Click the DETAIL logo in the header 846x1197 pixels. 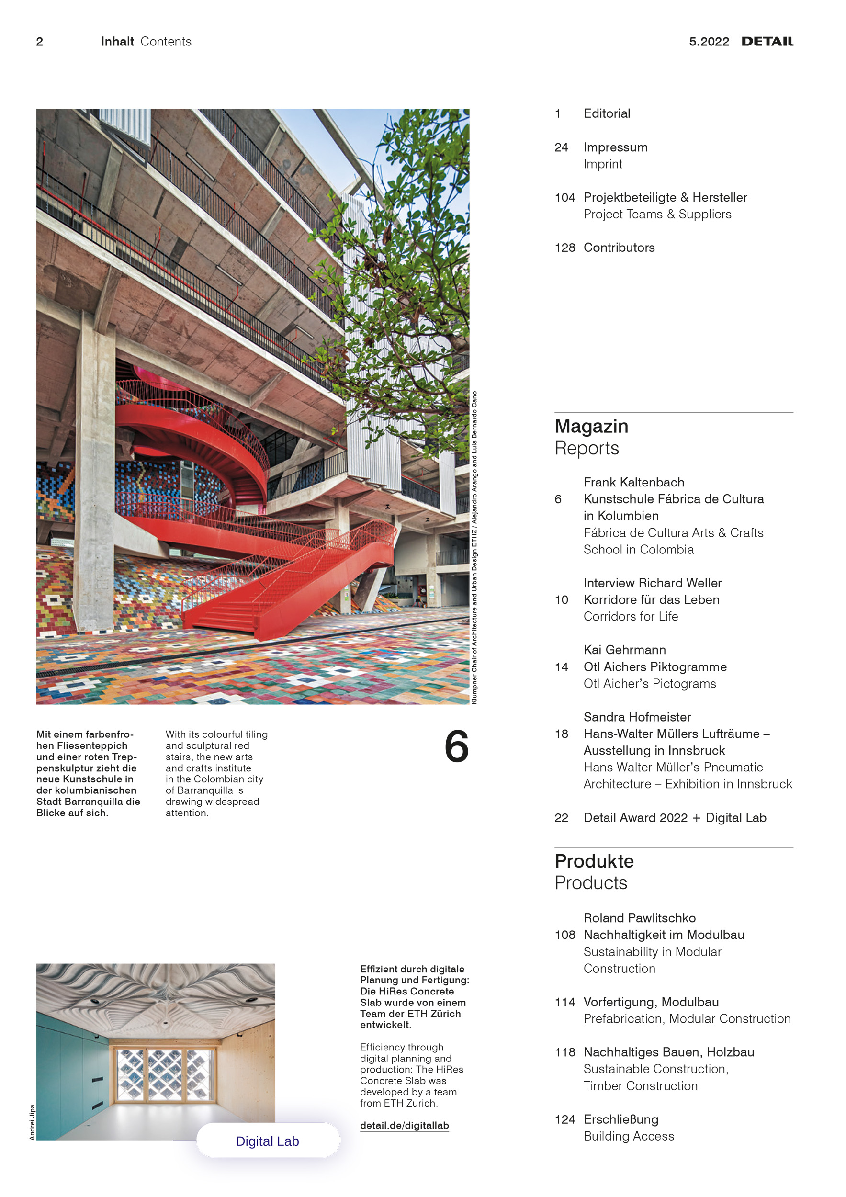click(767, 42)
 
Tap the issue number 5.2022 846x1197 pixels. click(709, 42)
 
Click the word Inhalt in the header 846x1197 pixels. click(117, 42)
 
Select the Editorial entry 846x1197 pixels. click(607, 113)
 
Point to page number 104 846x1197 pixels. click(564, 198)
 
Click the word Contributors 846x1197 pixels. click(619, 248)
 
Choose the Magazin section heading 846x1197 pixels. click(591, 427)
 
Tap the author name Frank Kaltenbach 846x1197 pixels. click(633, 482)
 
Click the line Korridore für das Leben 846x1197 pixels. click(651, 599)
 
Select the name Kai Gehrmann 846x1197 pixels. click(624, 650)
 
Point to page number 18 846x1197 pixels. click(562, 734)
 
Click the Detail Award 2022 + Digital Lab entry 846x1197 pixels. click(675, 817)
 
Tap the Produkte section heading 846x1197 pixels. click(594, 861)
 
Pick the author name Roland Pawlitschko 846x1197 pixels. click(639, 918)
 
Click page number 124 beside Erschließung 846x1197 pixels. click(564, 1119)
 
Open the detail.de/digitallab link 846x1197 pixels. click(404, 1126)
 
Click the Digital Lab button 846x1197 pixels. click(268, 1141)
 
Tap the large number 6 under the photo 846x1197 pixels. click(456, 746)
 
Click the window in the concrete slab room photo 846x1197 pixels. click(165, 1074)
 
